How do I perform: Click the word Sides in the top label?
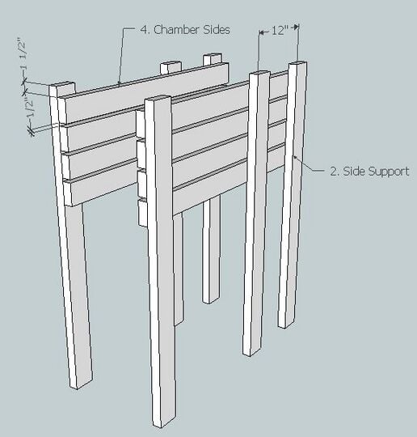217,30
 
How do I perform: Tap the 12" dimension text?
279,30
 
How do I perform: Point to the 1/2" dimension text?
30,108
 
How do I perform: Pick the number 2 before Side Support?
334,171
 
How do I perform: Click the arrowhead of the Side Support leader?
294,158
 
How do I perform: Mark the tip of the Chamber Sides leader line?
119,84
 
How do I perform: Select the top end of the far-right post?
297,64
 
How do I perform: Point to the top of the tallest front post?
158,100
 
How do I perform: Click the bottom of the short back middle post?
211,300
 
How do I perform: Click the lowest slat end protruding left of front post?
143,212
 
